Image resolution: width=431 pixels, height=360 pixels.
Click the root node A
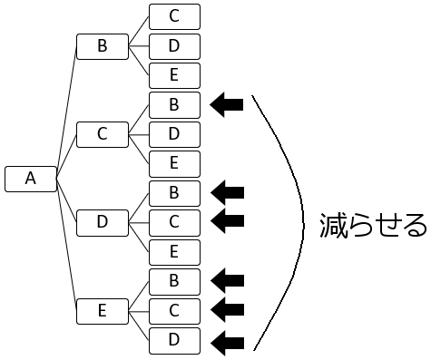click(x=30, y=179)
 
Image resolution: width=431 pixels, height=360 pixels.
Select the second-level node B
click(x=102, y=46)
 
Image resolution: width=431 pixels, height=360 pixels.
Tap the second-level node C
click(x=102, y=134)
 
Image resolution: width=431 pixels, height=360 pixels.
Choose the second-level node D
click(x=102, y=222)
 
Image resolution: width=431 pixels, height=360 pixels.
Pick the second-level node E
click(x=102, y=311)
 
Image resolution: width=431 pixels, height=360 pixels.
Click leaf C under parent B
click(x=174, y=16)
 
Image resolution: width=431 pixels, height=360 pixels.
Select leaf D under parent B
click(x=174, y=46)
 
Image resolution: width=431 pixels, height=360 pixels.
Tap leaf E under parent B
click(x=174, y=75)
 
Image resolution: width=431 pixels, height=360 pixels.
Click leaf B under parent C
click(x=174, y=105)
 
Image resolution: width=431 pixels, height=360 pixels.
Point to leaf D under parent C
click(x=174, y=134)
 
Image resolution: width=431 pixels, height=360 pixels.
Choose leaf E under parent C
click(x=174, y=163)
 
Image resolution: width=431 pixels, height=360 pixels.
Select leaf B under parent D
click(x=174, y=192)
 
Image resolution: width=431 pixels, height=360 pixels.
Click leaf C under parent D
click(x=174, y=222)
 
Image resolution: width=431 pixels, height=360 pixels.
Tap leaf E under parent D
click(x=174, y=251)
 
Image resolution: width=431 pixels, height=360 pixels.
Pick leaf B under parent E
click(x=174, y=281)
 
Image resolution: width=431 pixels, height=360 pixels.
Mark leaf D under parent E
click(x=174, y=340)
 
